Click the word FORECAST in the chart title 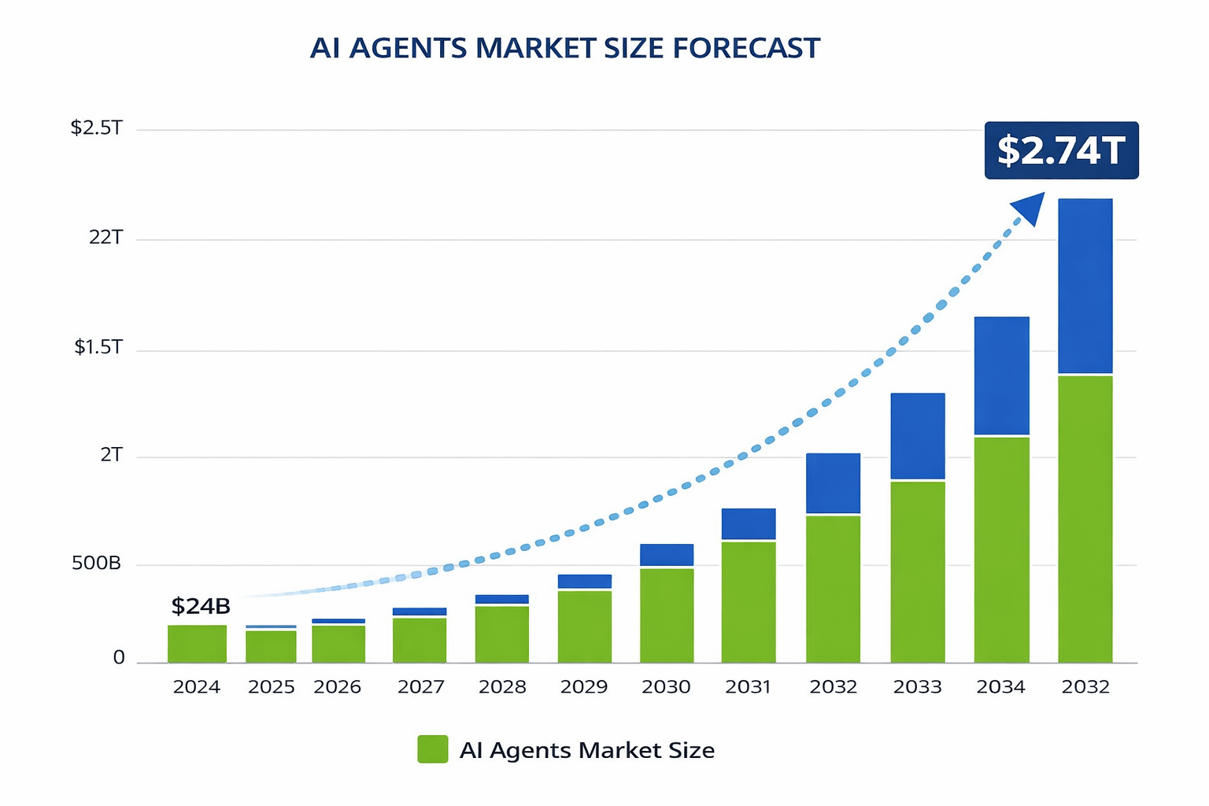coord(746,48)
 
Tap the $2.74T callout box coord(1061,150)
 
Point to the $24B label coord(201,606)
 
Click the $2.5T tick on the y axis coord(97,128)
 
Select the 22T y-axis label coord(106,237)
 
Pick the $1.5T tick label coord(98,347)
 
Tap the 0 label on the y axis coord(119,658)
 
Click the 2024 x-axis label coord(197,687)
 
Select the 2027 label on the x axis coord(420,687)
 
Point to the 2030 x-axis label coord(666,687)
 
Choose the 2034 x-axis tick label coord(1001,687)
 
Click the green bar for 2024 coord(197,644)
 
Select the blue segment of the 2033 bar coord(918,435)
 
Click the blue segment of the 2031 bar coord(749,523)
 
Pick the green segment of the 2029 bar coord(585,627)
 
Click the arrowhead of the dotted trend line coord(1030,208)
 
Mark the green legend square coord(432,749)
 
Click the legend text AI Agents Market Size coord(587,750)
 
